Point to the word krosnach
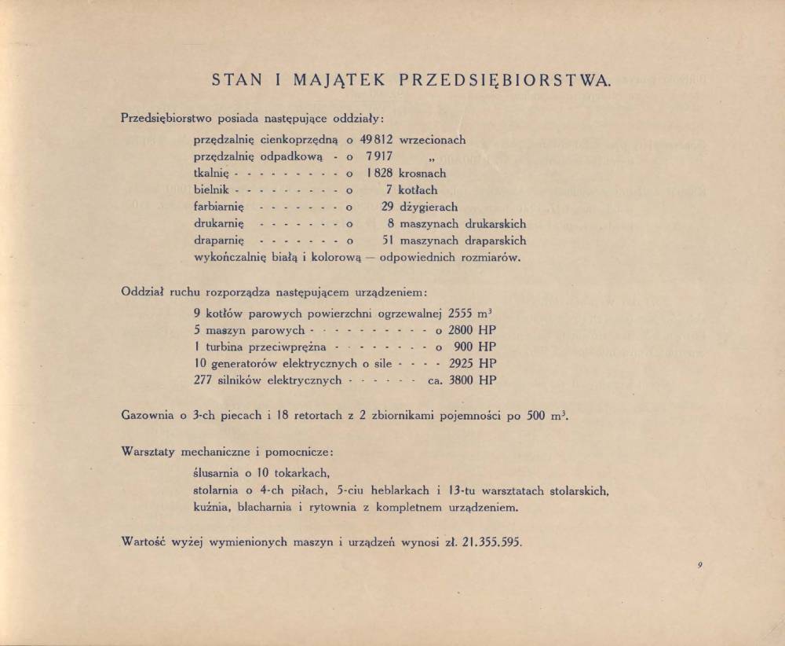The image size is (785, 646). tap(422, 173)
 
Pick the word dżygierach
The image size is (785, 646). tap(429, 207)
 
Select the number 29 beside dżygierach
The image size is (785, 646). tap(386, 207)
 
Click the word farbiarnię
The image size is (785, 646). tap(220, 207)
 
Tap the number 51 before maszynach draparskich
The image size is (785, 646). tap(386, 240)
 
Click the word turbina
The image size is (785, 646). tap(228, 347)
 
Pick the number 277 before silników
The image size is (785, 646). tap(203, 380)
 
